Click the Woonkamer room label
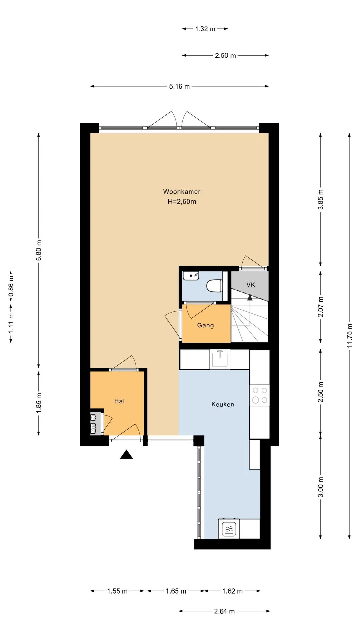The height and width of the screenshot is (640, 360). point(182,192)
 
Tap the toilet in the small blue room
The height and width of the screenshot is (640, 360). point(214,286)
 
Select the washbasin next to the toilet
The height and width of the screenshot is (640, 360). point(191,276)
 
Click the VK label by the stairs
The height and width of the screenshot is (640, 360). point(251,285)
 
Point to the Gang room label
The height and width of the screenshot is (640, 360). point(205,325)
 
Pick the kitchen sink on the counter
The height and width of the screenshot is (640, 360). point(220,359)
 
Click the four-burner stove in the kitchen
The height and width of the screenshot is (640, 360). point(260,395)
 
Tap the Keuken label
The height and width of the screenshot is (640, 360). point(223,404)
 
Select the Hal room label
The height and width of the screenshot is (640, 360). point(119,401)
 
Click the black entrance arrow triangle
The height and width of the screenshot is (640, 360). point(126,454)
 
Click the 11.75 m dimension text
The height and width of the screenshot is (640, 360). point(349,336)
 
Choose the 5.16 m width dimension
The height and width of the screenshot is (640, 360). point(179,87)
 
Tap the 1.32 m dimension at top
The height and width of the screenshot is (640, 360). point(205,29)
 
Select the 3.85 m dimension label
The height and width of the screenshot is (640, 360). point(321,199)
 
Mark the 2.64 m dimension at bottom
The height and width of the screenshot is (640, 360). point(224,611)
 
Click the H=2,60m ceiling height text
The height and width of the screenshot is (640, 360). point(182,202)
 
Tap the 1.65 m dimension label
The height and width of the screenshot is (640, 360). point(176,591)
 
